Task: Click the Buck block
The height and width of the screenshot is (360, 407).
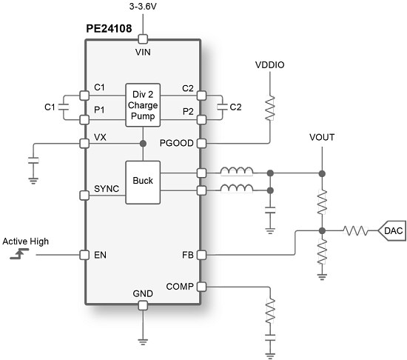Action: pos(142,180)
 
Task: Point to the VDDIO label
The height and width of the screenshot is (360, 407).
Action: pos(270,65)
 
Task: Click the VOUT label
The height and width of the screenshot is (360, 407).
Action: pos(323,139)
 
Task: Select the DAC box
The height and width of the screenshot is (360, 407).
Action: pos(391,231)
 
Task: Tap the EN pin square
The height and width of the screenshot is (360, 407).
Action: pos(84,256)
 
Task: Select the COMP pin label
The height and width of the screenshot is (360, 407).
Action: pos(179,285)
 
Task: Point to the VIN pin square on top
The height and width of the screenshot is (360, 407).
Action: pos(144,39)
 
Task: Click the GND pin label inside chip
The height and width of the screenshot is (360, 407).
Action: pos(144,294)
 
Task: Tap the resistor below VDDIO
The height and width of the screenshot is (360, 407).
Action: pos(270,107)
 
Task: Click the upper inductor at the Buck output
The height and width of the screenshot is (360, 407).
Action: pos(237,173)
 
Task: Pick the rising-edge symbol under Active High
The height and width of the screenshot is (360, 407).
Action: pos(18,255)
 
